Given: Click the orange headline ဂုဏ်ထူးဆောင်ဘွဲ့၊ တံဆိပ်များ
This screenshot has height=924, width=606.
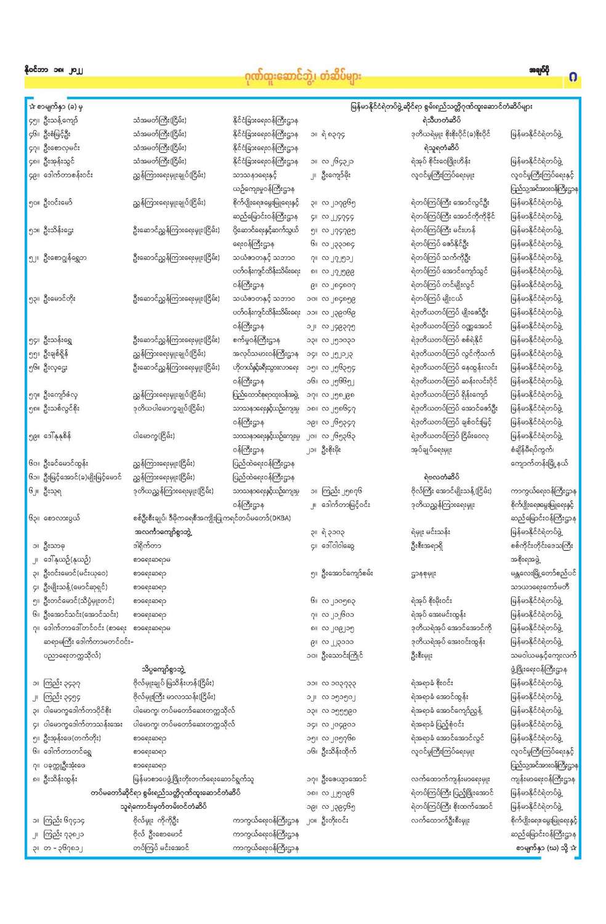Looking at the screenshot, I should (x=302, y=78).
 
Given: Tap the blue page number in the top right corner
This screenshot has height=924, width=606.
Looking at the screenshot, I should (x=573, y=78).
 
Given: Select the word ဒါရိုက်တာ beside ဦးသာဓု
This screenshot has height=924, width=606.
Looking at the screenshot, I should (x=147, y=546).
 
